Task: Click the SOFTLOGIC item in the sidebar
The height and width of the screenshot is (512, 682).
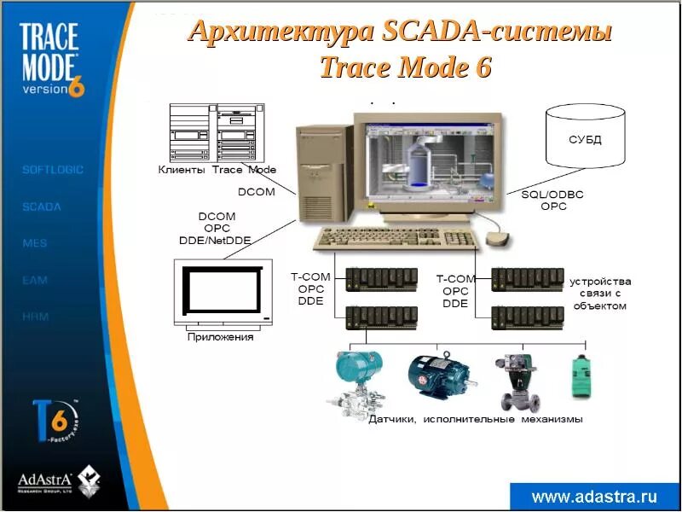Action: pyautogui.click(x=53, y=170)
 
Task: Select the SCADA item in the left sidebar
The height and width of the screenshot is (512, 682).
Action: pyautogui.click(x=42, y=207)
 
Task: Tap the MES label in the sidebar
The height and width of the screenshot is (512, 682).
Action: pyautogui.click(x=35, y=243)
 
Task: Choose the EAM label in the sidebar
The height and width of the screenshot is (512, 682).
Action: pyautogui.click(x=35, y=280)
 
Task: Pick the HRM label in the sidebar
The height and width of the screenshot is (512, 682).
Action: pyautogui.click(x=36, y=317)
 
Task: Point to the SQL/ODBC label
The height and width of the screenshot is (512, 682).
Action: pyautogui.click(x=552, y=195)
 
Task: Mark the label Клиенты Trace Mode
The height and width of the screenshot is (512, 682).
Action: pyautogui.click(x=217, y=169)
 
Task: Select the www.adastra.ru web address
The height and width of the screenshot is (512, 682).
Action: pyautogui.click(x=594, y=497)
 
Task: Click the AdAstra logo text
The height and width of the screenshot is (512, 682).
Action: pyautogui.click(x=47, y=480)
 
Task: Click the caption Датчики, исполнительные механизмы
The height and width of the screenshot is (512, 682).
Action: pyautogui.click(x=475, y=419)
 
